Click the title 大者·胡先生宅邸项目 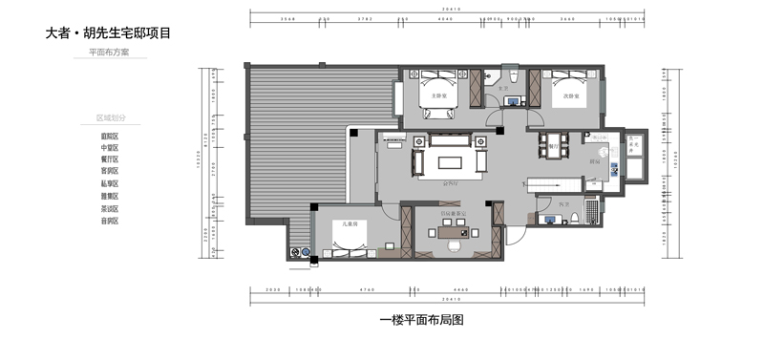[109, 33]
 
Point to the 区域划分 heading [111, 117]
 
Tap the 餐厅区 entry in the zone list [110, 160]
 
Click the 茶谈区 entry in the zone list [110, 208]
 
